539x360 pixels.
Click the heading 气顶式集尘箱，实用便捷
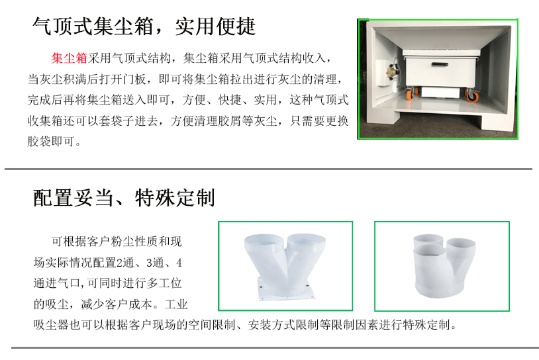coord(144,26)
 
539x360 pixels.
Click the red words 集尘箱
coord(70,58)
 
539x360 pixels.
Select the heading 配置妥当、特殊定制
coord(124,198)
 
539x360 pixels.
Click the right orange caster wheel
coord(471,95)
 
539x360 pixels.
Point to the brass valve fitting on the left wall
coord(391,72)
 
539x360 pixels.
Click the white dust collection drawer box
coord(441,69)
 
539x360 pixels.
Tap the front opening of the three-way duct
coord(433,251)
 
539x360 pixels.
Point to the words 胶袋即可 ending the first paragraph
coord(51,141)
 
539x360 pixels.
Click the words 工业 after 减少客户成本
coord(176,304)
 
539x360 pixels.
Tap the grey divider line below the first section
coord(268,169)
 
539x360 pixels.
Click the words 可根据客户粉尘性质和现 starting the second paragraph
coord(117,242)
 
